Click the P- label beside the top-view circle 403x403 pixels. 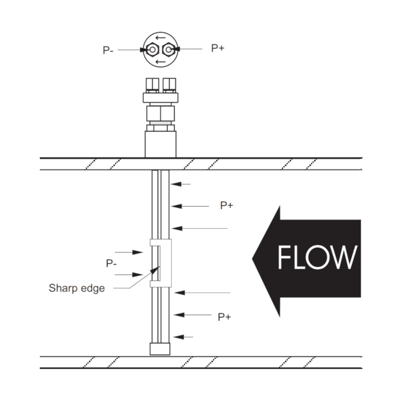click(107, 50)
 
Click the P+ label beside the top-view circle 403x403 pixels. click(218, 48)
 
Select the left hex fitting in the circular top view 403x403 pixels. click(152, 50)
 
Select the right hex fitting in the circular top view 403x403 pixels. click(169, 49)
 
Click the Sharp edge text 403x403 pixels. click(77, 289)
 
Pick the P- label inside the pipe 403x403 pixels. click(111, 263)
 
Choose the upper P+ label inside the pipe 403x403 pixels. click(226, 206)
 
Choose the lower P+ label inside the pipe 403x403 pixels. click(224, 317)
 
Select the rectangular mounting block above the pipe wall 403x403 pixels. click(160, 144)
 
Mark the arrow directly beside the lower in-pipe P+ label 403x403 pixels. click(191, 315)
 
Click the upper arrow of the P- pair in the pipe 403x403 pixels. click(129, 251)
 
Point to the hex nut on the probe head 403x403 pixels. click(160, 112)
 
